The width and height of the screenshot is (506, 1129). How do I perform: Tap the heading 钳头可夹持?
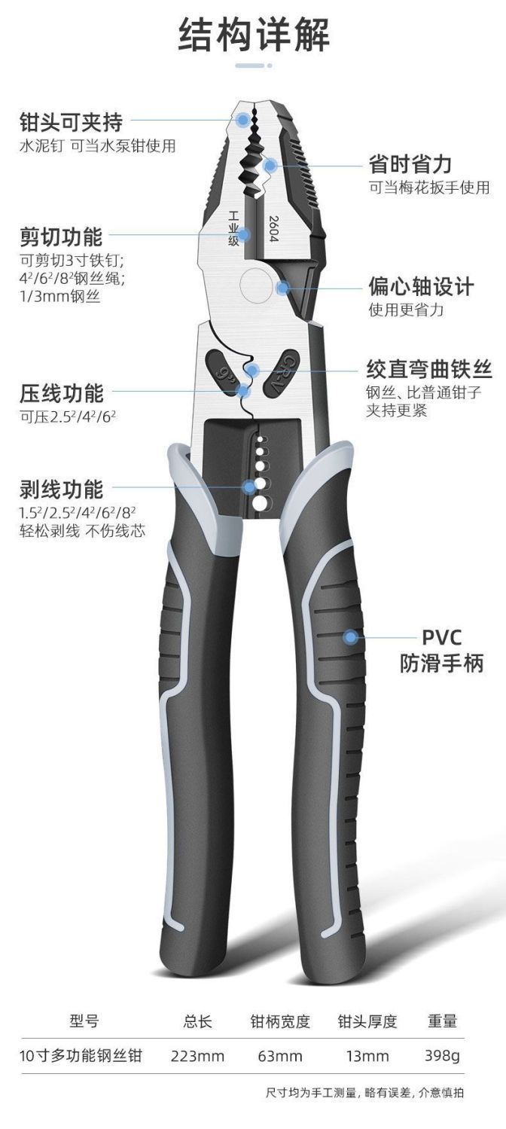click(x=71, y=121)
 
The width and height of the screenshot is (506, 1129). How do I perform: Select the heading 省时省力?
click(x=410, y=163)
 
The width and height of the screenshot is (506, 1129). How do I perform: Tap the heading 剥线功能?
click(x=61, y=490)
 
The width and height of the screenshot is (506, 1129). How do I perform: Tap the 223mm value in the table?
click(x=197, y=1056)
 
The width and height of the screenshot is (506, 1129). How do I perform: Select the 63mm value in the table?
click(x=280, y=1056)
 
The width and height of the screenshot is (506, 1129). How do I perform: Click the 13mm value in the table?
click(x=367, y=1056)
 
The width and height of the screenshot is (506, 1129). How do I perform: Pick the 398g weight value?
click(x=441, y=1056)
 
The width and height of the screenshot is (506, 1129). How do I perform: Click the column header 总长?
click(x=197, y=1021)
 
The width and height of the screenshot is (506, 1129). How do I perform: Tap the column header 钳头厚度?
click(x=367, y=1021)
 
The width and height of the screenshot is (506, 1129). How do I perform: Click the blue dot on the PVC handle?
click(x=350, y=638)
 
